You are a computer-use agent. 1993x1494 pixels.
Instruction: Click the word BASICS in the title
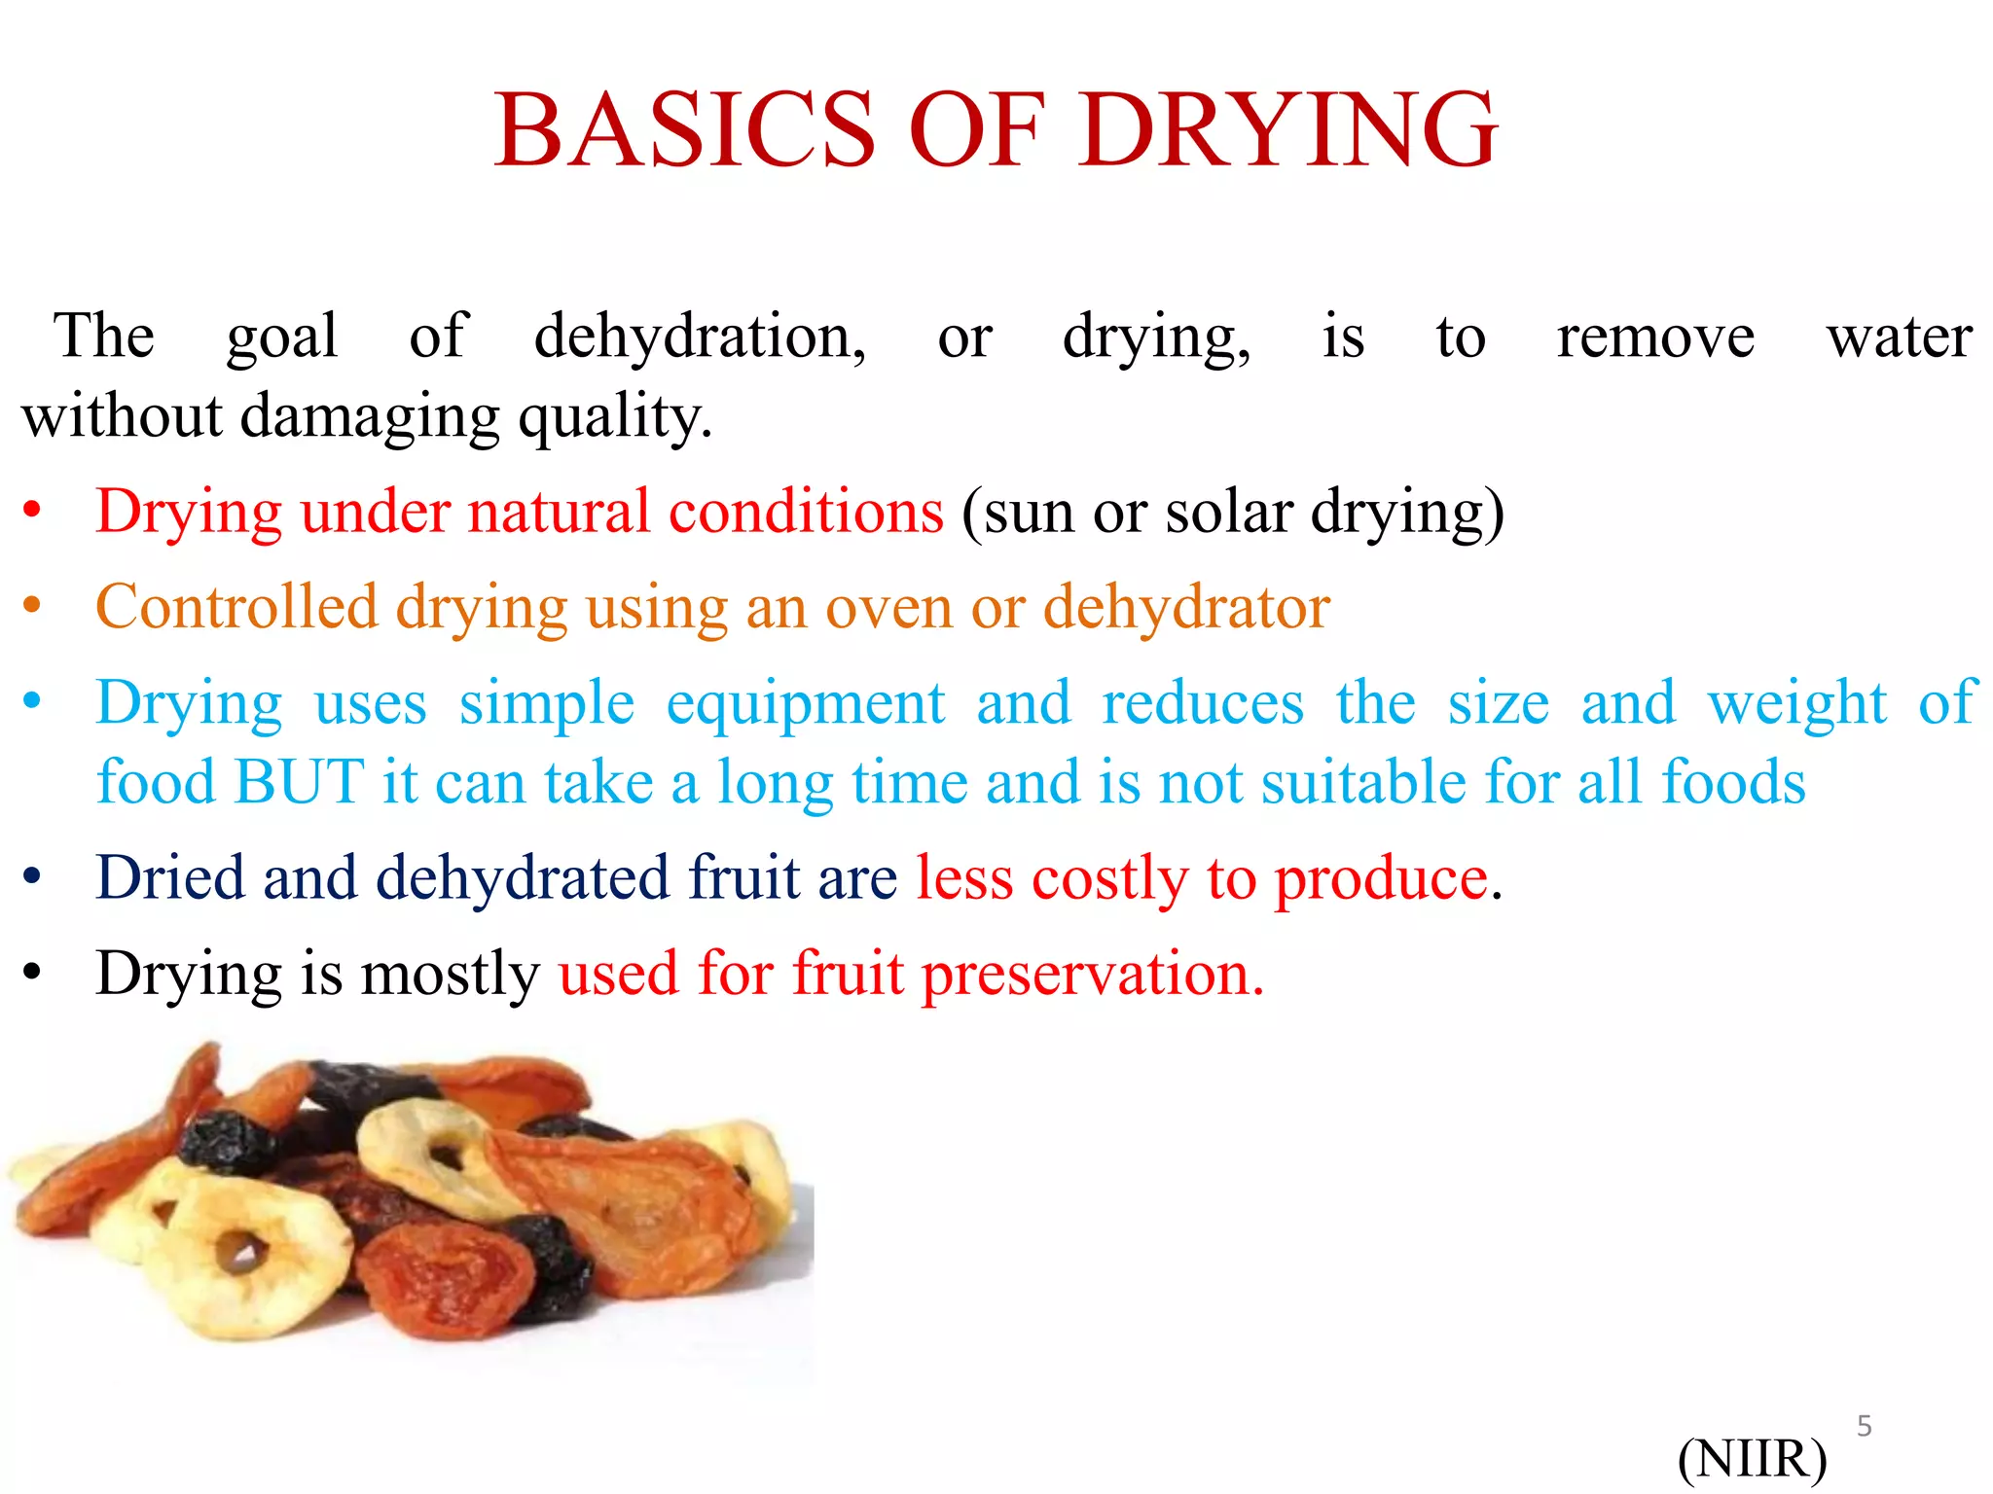click(x=686, y=129)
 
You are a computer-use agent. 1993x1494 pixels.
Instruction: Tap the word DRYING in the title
click(x=1287, y=129)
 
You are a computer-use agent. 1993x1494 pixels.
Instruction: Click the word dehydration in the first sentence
click(x=699, y=338)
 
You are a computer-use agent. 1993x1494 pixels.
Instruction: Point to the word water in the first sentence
click(x=1899, y=338)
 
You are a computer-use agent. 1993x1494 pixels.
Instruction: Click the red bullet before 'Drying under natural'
click(x=32, y=510)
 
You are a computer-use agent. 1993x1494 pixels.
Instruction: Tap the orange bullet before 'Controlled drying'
click(x=32, y=605)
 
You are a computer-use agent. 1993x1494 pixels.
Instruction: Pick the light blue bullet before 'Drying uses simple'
click(x=32, y=700)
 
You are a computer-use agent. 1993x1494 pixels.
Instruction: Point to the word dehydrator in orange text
click(x=1186, y=607)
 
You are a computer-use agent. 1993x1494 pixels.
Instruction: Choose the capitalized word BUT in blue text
click(x=300, y=781)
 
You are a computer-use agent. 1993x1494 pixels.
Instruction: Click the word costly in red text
click(x=1109, y=878)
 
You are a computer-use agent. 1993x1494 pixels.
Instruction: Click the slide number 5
click(x=1864, y=1426)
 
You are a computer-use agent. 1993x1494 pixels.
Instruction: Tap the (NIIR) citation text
click(x=1752, y=1458)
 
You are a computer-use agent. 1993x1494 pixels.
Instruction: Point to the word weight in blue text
click(x=1797, y=702)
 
